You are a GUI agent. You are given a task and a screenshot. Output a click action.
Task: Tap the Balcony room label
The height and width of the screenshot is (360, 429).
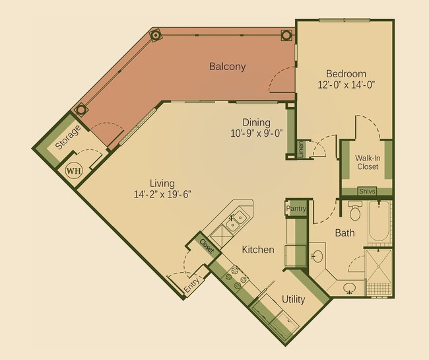click(227, 66)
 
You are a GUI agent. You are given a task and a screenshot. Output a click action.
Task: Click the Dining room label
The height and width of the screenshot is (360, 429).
click(256, 122)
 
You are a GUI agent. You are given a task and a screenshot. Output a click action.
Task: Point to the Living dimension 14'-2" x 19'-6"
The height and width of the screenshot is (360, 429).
click(162, 194)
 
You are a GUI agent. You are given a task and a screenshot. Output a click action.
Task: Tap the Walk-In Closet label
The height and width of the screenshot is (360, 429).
click(367, 162)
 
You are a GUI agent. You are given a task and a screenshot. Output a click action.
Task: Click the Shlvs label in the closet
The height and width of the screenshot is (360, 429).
click(366, 192)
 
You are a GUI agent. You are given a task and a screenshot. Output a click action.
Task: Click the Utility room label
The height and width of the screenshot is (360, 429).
click(293, 299)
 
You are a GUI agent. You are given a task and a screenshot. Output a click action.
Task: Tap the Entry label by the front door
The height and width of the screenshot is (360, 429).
click(191, 286)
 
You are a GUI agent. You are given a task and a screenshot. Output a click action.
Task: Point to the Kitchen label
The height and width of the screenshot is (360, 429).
click(257, 250)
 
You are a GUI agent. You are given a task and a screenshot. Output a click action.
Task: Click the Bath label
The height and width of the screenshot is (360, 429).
click(345, 233)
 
